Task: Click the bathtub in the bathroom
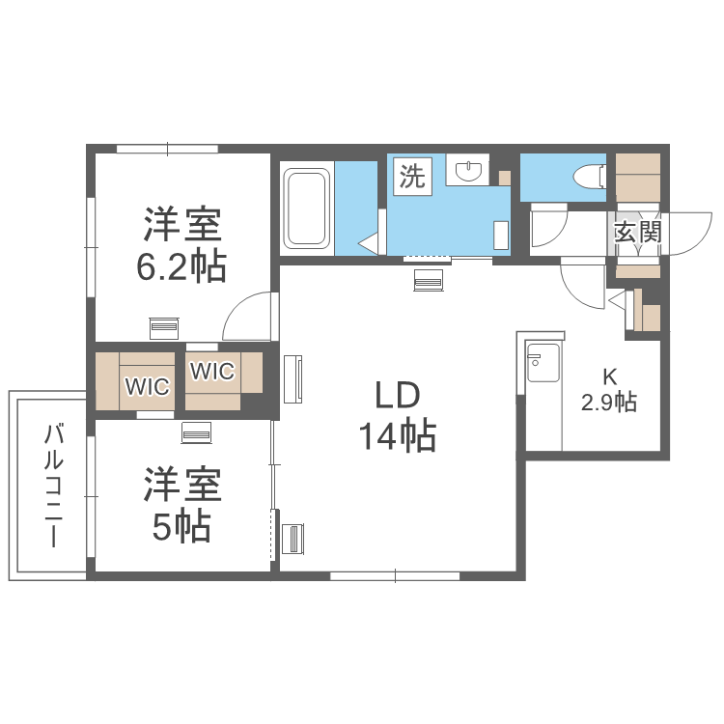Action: [x=307, y=209]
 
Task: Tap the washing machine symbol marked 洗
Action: [x=412, y=176]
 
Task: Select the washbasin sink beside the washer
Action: [x=468, y=172]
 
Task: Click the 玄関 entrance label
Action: [x=637, y=232]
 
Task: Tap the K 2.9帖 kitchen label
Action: [x=608, y=390]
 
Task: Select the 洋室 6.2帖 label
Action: [x=182, y=245]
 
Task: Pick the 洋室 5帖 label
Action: [x=182, y=506]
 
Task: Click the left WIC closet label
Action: [x=147, y=387]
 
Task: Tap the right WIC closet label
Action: [x=211, y=371]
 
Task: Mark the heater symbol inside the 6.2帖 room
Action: [x=164, y=326]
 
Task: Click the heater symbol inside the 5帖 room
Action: [x=196, y=433]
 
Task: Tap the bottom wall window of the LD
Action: [x=395, y=576]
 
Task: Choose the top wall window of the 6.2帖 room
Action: [x=167, y=149]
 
